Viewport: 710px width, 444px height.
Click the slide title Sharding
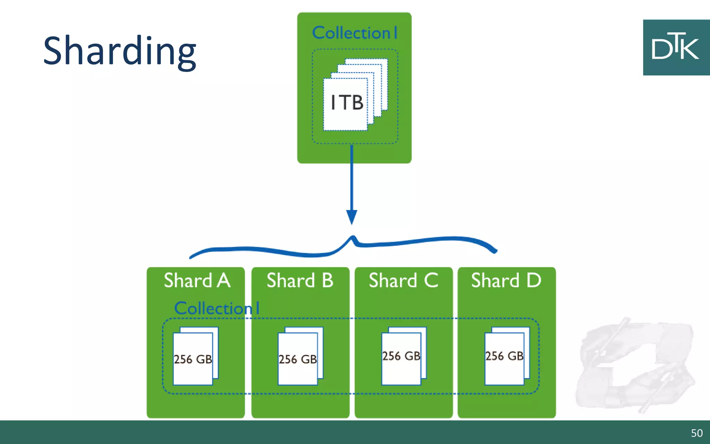(x=120, y=51)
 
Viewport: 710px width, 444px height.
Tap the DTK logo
(x=676, y=48)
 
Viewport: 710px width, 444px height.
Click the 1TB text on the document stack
(x=347, y=103)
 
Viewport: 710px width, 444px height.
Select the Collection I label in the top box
(x=354, y=33)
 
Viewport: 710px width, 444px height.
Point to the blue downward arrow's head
(x=352, y=217)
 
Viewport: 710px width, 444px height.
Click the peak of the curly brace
(x=353, y=238)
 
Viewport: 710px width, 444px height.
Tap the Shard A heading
(x=197, y=280)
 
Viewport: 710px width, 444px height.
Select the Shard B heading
(x=300, y=280)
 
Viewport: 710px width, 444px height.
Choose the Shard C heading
(x=403, y=280)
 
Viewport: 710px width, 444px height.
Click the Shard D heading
(x=506, y=280)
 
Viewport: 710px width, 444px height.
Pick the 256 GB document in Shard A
(x=193, y=359)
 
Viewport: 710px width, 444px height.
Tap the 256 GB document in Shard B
(x=298, y=359)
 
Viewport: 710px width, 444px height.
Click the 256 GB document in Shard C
(x=401, y=356)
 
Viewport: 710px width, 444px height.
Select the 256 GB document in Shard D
(x=504, y=356)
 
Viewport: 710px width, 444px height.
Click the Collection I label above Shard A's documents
(x=217, y=308)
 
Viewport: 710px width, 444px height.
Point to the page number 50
(x=696, y=433)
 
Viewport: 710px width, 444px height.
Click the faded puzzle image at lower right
(x=634, y=364)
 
